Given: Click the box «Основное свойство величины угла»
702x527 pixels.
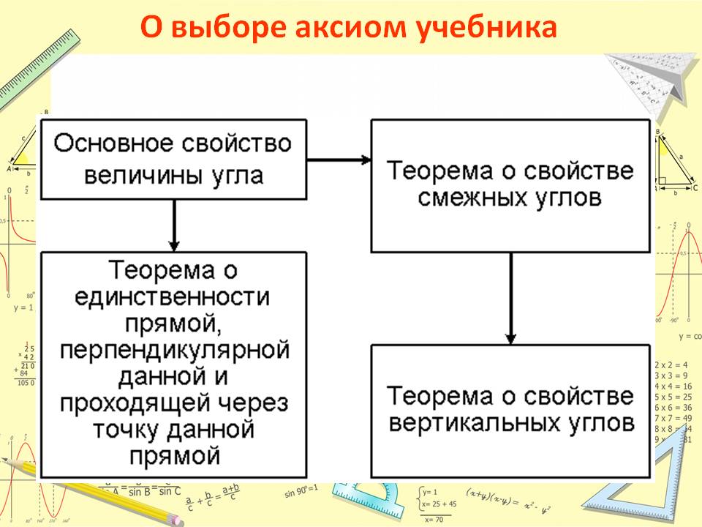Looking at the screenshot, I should pos(173,159).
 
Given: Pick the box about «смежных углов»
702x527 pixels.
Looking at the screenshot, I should pos(510,186).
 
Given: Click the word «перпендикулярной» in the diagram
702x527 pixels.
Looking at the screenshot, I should pos(173,350).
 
